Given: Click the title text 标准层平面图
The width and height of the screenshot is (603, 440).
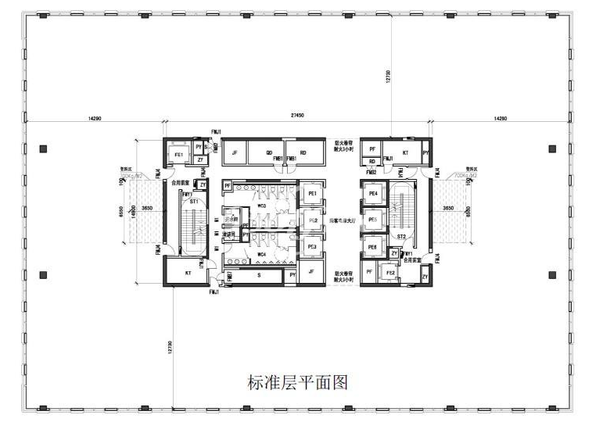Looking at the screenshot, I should (296, 382).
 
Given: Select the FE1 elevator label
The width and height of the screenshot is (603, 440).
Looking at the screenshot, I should (179, 155).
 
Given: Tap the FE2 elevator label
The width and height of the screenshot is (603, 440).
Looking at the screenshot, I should (389, 273).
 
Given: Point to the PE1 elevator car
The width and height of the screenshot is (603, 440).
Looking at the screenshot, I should (312, 194).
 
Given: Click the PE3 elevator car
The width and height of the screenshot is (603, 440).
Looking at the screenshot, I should (312, 247).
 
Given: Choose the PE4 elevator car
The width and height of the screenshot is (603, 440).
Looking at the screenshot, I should (372, 193).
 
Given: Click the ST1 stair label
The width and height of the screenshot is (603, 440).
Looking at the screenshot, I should (193, 202).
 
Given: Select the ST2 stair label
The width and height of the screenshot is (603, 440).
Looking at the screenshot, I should (401, 235).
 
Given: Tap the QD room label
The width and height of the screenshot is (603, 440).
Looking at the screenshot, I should (269, 153).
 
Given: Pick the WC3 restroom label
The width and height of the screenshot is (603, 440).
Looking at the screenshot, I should (262, 206).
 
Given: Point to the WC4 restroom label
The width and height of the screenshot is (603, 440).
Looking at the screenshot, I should (262, 255).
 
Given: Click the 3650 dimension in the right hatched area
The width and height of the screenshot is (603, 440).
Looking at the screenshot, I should (447, 209).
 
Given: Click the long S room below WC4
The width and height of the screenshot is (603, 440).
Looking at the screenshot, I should (257, 275).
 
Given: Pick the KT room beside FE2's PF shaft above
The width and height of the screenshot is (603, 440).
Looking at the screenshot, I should (405, 153).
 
